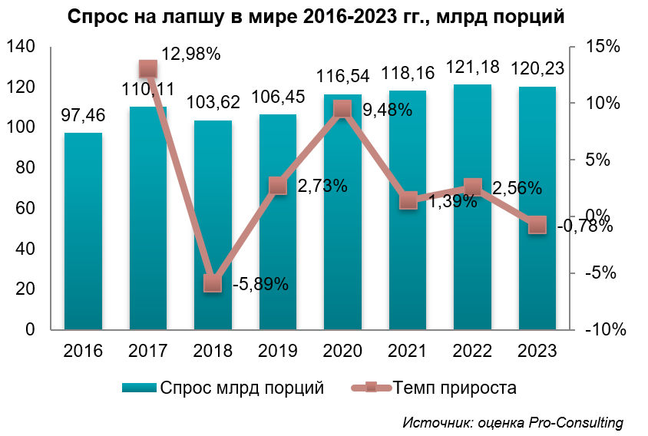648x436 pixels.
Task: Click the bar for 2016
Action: (83, 230)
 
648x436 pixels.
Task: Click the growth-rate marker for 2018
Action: (213, 283)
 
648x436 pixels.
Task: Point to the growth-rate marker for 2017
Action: (148, 69)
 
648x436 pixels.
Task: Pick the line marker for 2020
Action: (342, 109)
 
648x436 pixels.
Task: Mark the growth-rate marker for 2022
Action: (473, 187)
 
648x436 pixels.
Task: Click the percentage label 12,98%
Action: (191, 54)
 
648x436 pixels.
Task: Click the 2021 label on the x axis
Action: (408, 351)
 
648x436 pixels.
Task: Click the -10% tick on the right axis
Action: (604, 330)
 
